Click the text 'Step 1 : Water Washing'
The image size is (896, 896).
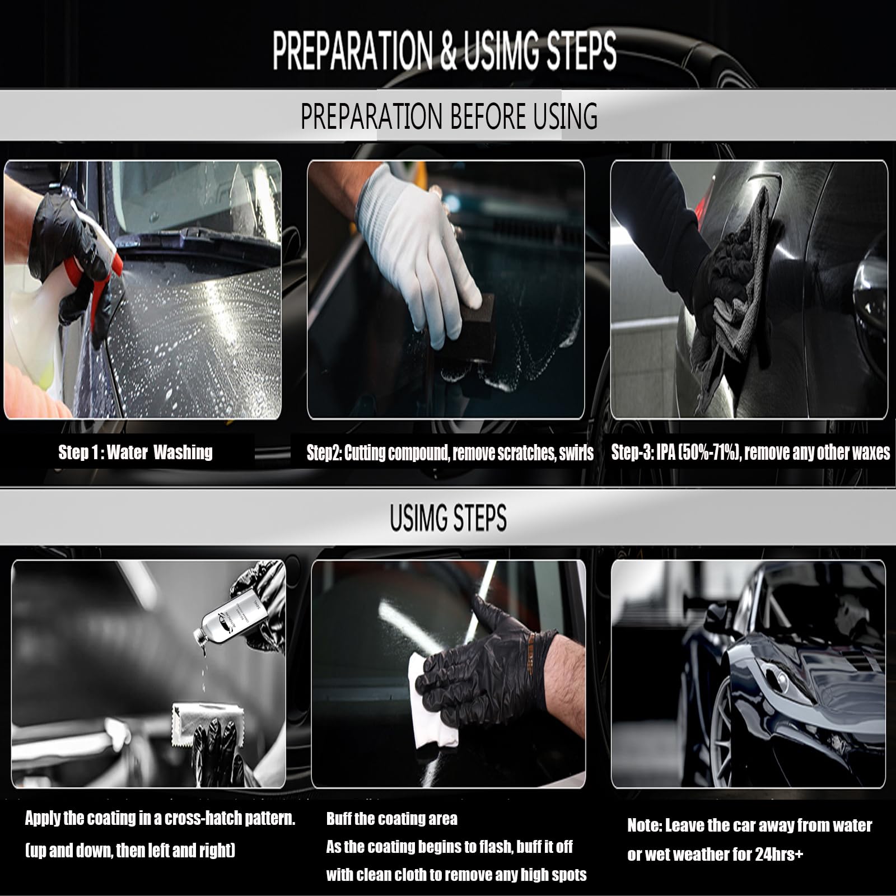(136, 452)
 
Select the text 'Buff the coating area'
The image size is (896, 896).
(391, 819)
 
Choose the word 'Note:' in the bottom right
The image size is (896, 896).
(644, 825)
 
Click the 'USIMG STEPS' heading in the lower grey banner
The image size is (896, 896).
(448, 518)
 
